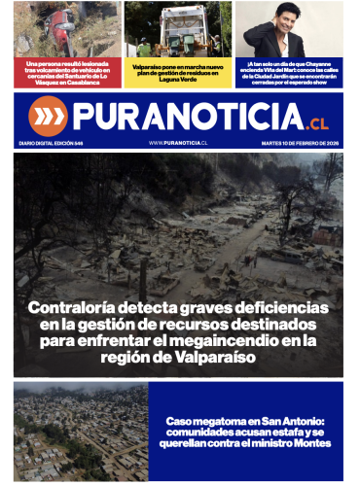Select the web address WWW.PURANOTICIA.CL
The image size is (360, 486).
(180, 143)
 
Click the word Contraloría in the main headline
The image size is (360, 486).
(77, 308)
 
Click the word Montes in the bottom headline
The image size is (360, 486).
(309, 444)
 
